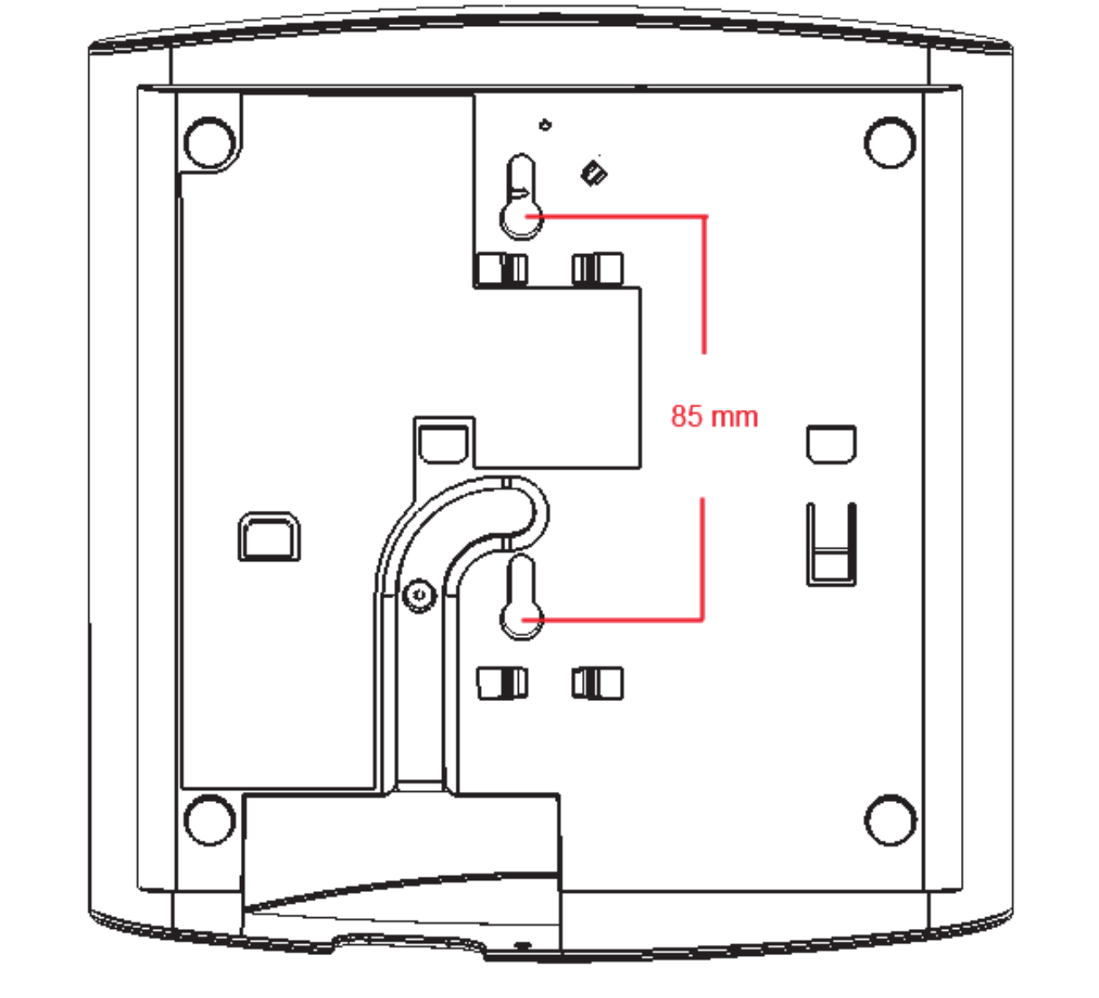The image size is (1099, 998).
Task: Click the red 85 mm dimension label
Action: coord(714,416)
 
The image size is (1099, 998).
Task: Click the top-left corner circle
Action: coord(209,142)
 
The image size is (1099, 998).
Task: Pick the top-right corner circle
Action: coord(889,142)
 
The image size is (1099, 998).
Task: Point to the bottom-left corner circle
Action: coord(209,819)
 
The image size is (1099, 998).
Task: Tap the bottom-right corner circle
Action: coord(889,819)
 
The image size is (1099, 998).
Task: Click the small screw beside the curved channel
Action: coord(419,595)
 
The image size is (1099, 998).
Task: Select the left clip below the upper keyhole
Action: coord(502,269)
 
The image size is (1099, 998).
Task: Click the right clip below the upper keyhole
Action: coord(597,269)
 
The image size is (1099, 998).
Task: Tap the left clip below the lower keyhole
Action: coord(502,682)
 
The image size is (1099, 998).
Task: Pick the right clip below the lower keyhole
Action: coord(597,682)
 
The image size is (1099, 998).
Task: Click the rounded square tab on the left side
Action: coord(269,537)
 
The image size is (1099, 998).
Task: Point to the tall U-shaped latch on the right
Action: coord(831,544)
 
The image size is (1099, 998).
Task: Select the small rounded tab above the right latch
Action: coord(831,443)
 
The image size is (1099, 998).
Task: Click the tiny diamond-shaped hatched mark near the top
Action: coord(595,173)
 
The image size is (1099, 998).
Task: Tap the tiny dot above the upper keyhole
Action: coord(545,125)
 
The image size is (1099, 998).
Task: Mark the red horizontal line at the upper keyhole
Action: coord(623,216)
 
